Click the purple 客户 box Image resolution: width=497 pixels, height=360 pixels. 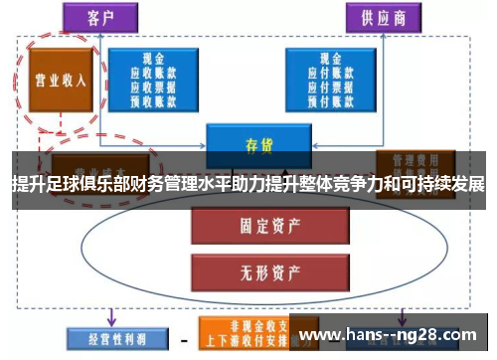pyautogui.click(x=101, y=16)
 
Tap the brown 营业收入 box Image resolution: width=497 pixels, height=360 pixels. pyautogui.click(x=60, y=80)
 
